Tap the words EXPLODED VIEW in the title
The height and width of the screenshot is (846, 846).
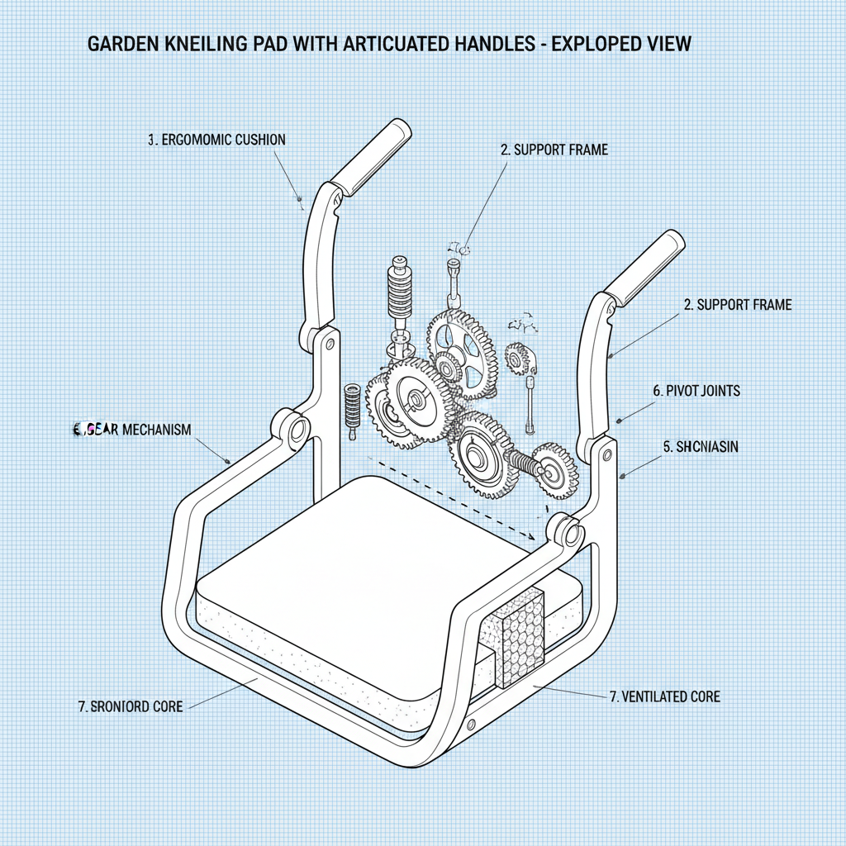pos(621,44)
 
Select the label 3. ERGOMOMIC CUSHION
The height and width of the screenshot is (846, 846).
pos(216,140)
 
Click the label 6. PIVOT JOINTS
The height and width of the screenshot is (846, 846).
pos(696,390)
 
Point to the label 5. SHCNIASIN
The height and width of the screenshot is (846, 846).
pos(701,447)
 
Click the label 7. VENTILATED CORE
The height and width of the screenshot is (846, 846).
pos(664,696)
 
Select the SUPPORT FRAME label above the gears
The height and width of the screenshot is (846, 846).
pos(554,150)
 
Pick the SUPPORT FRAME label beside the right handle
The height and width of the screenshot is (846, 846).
pos(738,305)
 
